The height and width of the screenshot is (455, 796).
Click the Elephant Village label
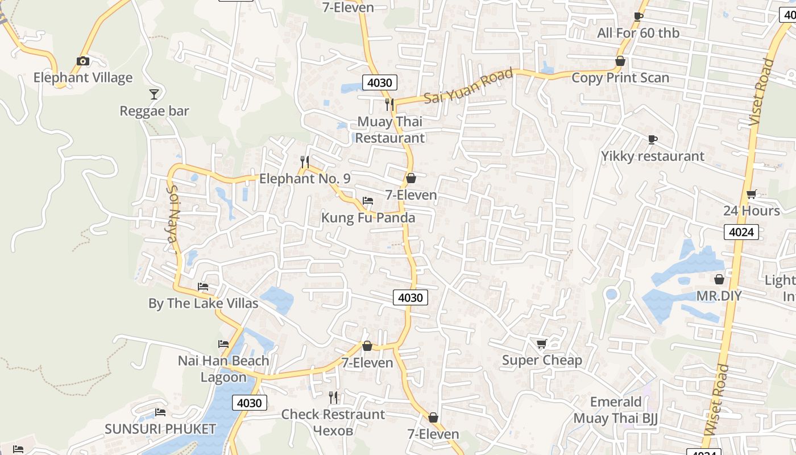pyautogui.click(x=82, y=78)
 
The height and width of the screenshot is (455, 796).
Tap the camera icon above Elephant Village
pyautogui.click(x=83, y=61)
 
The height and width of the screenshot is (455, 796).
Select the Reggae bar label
pyautogui.click(x=154, y=111)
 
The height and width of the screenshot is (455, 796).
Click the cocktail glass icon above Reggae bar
pyautogui.click(x=154, y=94)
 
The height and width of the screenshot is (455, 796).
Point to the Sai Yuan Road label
pyautogui.click(x=469, y=86)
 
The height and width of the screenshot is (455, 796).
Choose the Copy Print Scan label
pyautogui.click(x=620, y=78)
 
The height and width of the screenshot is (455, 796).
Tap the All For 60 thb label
pyautogui.click(x=638, y=33)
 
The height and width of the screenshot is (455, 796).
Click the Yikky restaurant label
pyautogui.click(x=653, y=156)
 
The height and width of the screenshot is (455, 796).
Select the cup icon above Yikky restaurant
pyautogui.click(x=653, y=139)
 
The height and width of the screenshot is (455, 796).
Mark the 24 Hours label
pyautogui.click(x=751, y=211)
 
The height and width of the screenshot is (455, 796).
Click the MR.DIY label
pyautogui.click(x=719, y=296)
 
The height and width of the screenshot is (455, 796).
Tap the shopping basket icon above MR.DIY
pyautogui.click(x=719, y=279)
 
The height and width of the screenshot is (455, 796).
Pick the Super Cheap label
pyautogui.click(x=542, y=361)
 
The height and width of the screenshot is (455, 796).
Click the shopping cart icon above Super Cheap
pyautogui.click(x=542, y=344)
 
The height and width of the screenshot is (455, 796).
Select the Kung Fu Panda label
pyautogui.click(x=368, y=218)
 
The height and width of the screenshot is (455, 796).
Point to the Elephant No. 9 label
pyautogui.click(x=305, y=179)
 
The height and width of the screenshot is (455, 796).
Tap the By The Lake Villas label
pyautogui.click(x=203, y=304)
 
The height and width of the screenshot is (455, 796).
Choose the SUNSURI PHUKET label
pyautogui.click(x=160, y=429)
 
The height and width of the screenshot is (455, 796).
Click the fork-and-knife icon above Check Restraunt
pyautogui.click(x=333, y=397)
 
